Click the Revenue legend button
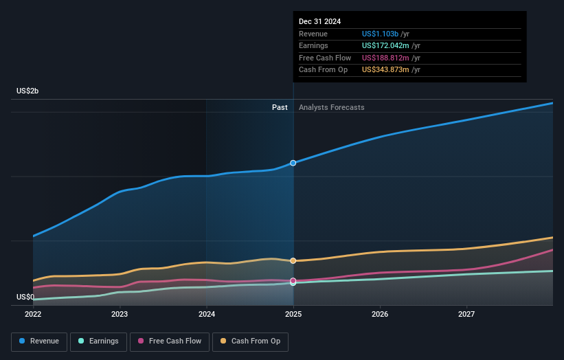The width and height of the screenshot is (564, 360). tap(39, 341)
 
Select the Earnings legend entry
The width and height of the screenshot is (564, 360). tap(98, 341)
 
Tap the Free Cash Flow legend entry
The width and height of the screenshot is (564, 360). tap(170, 341)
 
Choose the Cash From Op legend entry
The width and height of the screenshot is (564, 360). tap(250, 341)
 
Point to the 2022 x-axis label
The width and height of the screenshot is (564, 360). tap(33, 314)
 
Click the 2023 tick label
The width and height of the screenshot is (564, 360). tap(120, 314)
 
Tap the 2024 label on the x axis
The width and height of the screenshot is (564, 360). tap(207, 314)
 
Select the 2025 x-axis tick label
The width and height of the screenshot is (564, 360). tap(293, 314)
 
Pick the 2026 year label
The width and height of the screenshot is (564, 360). tap(380, 314)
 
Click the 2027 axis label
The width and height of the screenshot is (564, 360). tap(466, 314)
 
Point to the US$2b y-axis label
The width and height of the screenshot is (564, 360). tap(27, 91)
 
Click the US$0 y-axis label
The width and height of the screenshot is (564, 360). tap(25, 297)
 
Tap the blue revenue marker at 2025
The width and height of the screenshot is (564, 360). tap(293, 163)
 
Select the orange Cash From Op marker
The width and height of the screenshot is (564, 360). tap(293, 261)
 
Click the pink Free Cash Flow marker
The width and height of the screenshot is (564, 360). tap(293, 280)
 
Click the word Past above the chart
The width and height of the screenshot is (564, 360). tap(280, 107)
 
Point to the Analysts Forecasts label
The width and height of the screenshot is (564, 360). tap(332, 107)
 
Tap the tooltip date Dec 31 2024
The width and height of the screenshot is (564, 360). tap(319, 21)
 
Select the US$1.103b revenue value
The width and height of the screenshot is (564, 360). tap(380, 34)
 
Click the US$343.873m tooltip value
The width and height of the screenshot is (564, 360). tap(385, 69)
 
